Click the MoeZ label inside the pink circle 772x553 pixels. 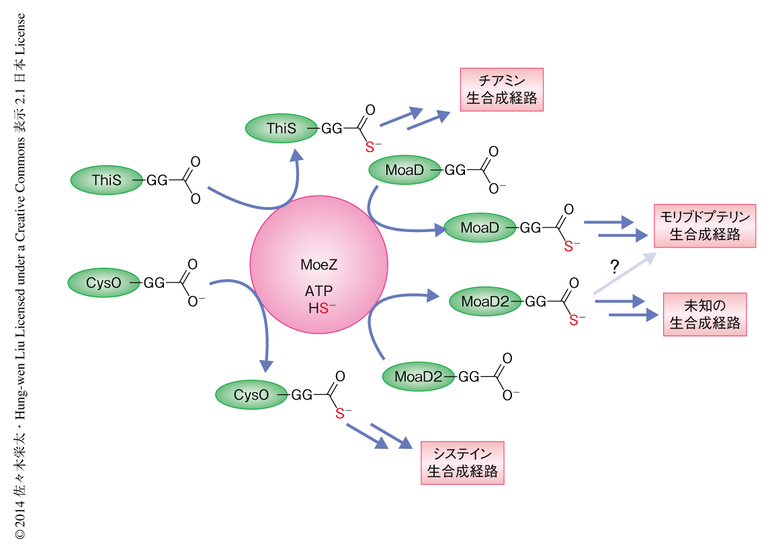click(x=318, y=264)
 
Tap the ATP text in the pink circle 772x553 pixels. click(x=318, y=292)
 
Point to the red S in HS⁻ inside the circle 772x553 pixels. click(x=323, y=308)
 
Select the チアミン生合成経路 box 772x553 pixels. click(x=501, y=89)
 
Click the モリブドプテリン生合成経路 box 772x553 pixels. click(x=705, y=226)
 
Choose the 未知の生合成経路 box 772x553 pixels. click(x=705, y=314)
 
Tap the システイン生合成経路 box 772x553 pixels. click(x=462, y=463)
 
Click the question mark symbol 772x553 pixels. click(x=613, y=266)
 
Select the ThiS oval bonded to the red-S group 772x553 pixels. click(x=281, y=128)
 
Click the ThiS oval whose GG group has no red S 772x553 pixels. click(x=107, y=180)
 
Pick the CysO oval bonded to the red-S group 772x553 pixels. click(x=251, y=396)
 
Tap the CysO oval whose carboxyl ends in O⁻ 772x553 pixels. click(x=103, y=283)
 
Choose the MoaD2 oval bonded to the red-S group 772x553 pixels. click(x=486, y=303)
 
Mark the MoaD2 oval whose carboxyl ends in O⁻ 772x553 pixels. click(x=417, y=377)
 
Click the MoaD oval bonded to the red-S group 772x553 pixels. click(x=480, y=229)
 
